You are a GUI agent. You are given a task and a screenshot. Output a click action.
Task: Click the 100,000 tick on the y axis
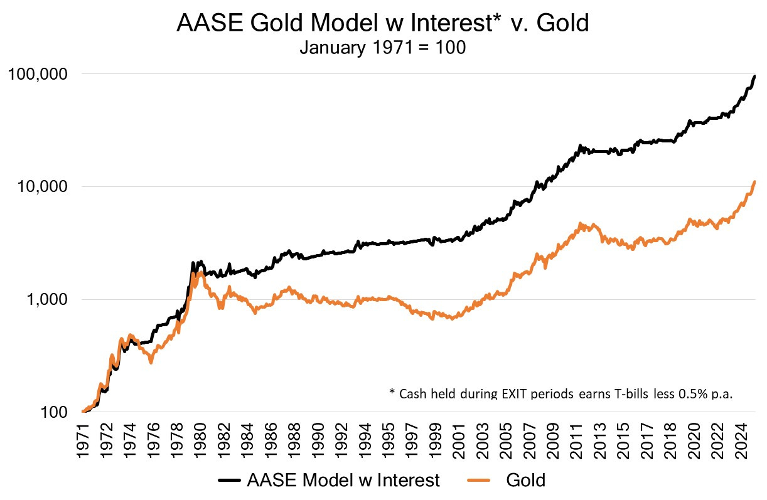tap(40, 74)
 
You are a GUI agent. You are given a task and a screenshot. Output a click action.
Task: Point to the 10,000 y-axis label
tap(43, 187)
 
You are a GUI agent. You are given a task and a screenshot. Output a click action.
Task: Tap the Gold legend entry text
tap(525, 481)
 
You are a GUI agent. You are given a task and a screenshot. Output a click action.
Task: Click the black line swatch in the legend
tap(230, 481)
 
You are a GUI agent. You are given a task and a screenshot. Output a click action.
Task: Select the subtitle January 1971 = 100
tap(382, 48)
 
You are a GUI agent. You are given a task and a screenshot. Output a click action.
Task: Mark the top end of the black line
tap(754, 76)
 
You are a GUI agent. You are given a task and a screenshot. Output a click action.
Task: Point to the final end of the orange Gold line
tap(754, 182)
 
